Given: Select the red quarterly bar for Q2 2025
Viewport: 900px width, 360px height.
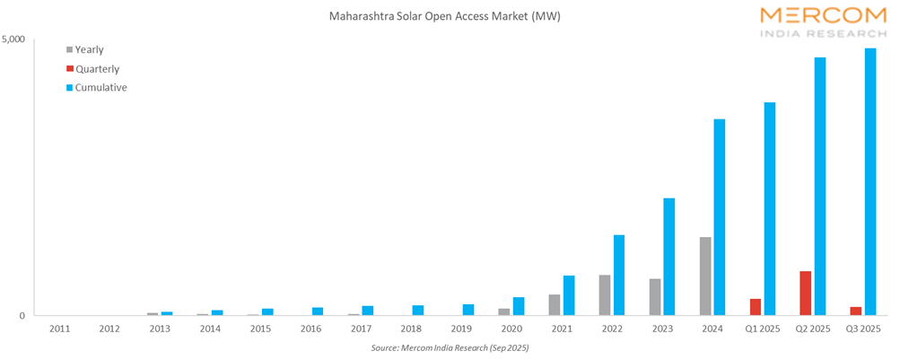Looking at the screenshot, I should [806, 294].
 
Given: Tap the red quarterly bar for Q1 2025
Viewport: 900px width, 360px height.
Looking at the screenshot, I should [756, 307].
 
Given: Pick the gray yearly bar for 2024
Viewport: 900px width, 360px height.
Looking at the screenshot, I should [705, 277].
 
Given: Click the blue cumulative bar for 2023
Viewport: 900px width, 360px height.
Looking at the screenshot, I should [669, 257].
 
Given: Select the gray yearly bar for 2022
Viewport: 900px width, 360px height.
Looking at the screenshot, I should [605, 295].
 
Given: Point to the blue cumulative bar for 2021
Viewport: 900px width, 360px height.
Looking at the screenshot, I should [569, 295].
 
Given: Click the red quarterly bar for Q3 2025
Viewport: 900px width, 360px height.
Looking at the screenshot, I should [856, 311].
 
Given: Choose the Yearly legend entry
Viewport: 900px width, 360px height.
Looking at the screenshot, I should [90, 49].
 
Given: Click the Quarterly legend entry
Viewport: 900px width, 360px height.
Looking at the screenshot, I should [97, 68].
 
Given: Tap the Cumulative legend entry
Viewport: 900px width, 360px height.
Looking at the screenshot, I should [100, 87].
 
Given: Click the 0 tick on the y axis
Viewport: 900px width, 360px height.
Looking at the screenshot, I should [25, 315].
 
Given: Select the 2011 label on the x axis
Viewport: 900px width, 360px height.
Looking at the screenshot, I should [59, 329].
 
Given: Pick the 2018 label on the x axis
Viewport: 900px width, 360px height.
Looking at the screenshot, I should [411, 329].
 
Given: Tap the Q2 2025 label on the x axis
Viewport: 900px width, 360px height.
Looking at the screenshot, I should [813, 329].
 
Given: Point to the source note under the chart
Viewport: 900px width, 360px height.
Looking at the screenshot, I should [450, 347].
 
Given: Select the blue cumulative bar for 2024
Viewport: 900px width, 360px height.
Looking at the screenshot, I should [720, 217].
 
